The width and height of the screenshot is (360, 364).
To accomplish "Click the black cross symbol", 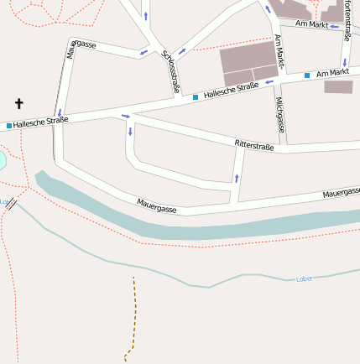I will (18, 104).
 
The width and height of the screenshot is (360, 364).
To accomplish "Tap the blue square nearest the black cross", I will (9, 126).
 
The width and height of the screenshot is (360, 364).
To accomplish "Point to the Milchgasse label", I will (280, 115).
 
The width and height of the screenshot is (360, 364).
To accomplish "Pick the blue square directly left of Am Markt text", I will (307, 75).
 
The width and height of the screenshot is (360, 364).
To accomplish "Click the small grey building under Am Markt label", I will (338, 86).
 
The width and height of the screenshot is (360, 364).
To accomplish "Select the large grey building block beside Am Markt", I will (249, 63).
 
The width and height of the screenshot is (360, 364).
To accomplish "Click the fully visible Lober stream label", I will (305, 278).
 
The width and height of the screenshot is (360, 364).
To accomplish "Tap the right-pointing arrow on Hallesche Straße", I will (126, 116).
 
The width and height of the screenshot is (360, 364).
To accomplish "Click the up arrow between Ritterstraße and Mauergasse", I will (237, 177).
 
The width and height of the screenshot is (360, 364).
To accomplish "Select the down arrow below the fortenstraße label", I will (344, 62).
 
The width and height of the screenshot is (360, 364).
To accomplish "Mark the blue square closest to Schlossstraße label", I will (196, 97).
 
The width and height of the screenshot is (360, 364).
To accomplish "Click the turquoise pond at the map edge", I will (2, 159).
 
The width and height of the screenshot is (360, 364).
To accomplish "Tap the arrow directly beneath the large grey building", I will (268, 82).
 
